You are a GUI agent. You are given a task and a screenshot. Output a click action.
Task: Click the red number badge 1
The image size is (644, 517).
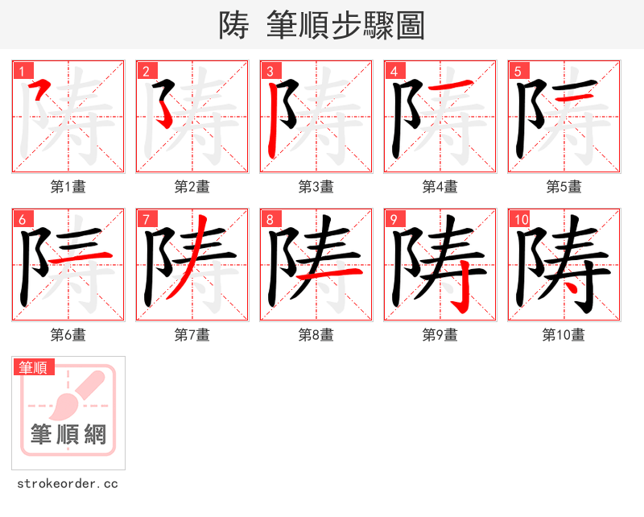click(x=21, y=70)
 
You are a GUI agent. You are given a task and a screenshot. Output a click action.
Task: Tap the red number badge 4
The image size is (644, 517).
click(x=393, y=70)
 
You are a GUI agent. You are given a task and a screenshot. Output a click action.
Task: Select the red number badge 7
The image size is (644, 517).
click(x=145, y=218)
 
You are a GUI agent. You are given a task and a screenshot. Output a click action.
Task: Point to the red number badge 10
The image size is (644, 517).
click(x=519, y=218)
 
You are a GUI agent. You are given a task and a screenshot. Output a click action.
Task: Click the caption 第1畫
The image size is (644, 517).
click(x=68, y=187)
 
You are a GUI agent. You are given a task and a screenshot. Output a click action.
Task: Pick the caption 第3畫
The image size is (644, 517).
click(x=316, y=187)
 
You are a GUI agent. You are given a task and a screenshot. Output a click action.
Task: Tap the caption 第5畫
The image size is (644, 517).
click(x=563, y=187)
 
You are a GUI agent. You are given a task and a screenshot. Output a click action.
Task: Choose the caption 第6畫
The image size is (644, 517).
click(x=68, y=335)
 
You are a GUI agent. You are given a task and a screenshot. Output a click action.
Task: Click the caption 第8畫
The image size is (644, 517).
click(x=316, y=335)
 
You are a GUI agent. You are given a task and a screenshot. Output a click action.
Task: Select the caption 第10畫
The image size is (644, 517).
click(x=563, y=335)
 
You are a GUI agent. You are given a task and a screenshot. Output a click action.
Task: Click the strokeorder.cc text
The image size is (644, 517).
click(x=68, y=484)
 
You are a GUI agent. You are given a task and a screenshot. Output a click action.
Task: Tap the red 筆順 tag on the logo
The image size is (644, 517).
click(x=34, y=367)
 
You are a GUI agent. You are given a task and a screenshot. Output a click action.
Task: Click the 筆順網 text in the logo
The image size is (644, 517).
click(x=68, y=435)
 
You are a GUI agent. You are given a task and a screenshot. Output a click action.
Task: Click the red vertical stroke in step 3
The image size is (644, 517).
click(x=275, y=121)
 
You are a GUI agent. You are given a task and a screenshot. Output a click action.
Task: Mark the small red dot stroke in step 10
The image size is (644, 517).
click(x=570, y=285)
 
